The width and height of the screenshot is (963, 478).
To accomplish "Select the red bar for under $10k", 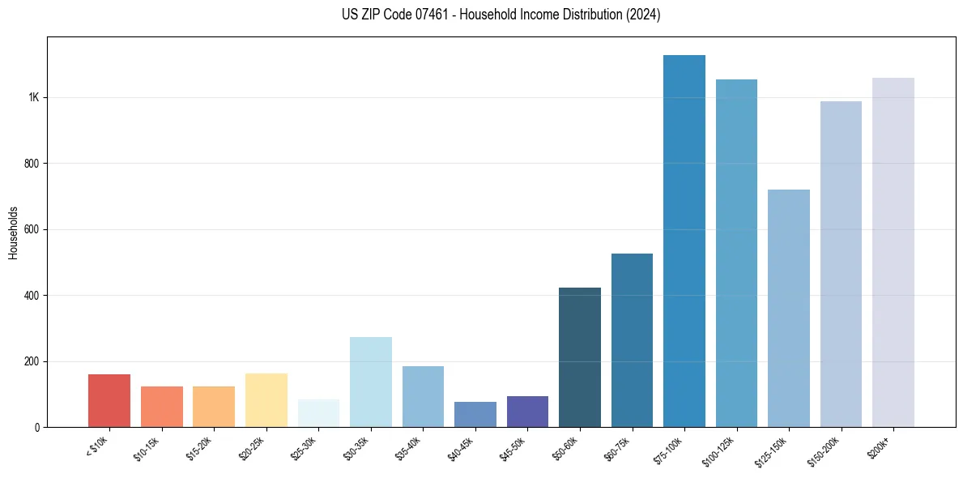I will click(109, 400).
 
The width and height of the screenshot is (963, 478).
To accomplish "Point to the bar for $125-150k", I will click(789, 308).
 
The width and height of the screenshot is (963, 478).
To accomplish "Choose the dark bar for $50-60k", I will click(580, 357).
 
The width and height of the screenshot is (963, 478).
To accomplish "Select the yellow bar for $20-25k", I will click(266, 400).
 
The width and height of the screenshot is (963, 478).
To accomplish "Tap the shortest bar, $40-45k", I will click(475, 414).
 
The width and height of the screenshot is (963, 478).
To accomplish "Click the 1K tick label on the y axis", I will click(34, 97).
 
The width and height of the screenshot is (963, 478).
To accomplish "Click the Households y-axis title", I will click(13, 233).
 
